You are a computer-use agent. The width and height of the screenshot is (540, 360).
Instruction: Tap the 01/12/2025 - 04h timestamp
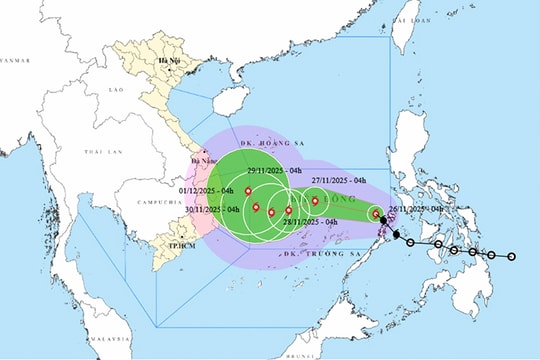click(207, 191)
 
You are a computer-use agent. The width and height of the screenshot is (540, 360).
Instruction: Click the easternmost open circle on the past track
click(511, 257)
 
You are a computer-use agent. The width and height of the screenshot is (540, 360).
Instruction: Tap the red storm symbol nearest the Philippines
click(376, 213)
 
